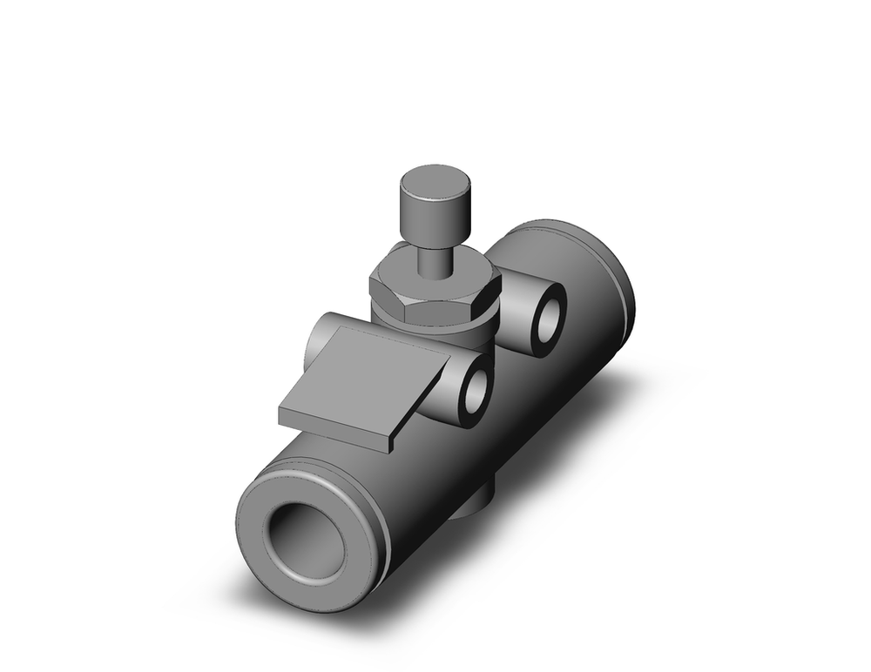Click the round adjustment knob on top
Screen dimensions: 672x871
(x=435, y=207)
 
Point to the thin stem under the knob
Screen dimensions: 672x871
(x=433, y=260)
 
